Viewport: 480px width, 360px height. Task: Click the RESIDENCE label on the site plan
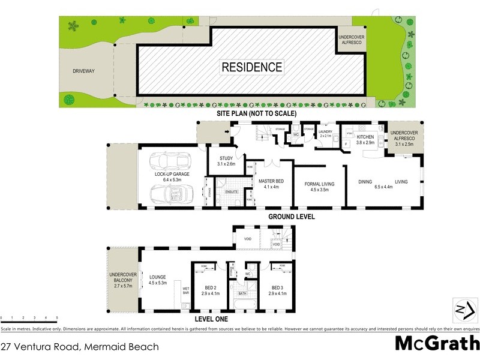click(252, 67)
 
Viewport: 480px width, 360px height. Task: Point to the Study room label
click(226, 161)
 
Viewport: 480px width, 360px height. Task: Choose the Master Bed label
click(271, 183)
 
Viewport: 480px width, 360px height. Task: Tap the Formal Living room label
click(319, 187)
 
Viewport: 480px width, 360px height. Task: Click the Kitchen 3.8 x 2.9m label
click(365, 140)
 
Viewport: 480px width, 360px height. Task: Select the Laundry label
click(326, 133)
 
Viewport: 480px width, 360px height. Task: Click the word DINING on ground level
click(366, 181)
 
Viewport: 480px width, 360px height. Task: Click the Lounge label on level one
click(158, 280)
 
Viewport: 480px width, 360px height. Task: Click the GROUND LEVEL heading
click(292, 217)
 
